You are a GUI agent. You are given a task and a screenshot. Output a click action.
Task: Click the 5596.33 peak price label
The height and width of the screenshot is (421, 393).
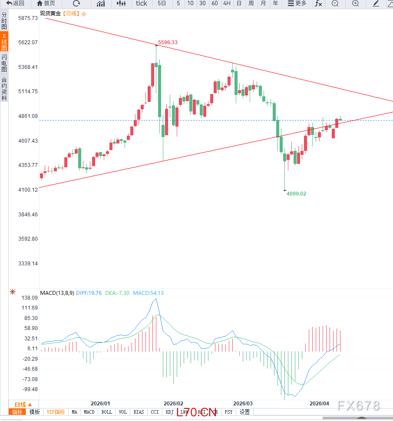tap(168, 42)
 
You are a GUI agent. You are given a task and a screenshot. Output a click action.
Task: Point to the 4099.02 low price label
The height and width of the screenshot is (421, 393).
tap(296, 194)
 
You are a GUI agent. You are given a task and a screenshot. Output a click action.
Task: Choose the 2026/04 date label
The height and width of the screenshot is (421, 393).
tap(319, 403)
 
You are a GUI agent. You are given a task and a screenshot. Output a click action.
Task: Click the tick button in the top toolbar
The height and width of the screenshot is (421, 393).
tap(142, 3)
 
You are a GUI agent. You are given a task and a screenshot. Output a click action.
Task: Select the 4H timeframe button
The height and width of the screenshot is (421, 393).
tap(227, 3)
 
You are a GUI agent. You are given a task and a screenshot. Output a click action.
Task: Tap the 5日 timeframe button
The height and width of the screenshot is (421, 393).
tap(162, 3)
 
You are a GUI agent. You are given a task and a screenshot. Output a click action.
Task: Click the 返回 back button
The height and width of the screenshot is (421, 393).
tap(15, 3)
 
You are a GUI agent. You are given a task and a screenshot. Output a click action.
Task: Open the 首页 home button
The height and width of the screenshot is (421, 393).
tap(46, 3)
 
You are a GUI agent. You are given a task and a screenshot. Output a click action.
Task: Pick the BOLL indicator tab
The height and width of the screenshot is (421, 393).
tap(106, 412)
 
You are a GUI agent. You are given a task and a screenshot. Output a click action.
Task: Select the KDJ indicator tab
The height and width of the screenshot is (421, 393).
tap(169, 412)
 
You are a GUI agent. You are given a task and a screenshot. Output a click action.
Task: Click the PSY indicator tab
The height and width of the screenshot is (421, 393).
tap(228, 412)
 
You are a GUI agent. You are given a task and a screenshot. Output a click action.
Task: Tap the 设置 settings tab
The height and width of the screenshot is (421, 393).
tap(244, 412)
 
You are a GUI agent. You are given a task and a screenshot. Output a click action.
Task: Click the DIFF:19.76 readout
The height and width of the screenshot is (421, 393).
tap(89, 293)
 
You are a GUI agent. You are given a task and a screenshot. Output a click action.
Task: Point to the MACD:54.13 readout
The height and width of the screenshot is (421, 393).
tap(148, 293)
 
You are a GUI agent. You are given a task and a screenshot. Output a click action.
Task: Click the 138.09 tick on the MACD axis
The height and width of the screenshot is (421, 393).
tap(30, 298)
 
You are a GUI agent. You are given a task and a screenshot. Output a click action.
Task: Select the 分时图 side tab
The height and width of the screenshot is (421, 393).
tap(4, 21)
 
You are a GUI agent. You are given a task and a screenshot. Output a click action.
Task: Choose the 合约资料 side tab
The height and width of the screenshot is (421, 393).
tap(4, 89)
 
